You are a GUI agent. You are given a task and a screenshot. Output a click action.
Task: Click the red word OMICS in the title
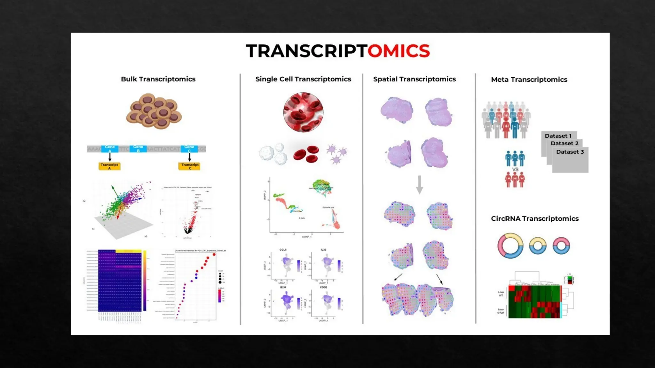[399, 51]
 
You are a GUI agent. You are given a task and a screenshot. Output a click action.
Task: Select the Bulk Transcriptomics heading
[158, 79]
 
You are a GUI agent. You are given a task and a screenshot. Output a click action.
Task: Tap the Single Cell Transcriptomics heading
[303, 79]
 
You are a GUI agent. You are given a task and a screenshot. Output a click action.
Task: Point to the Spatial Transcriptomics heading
[414, 79]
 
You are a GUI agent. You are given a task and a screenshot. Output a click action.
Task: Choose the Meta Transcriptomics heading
[529, 80]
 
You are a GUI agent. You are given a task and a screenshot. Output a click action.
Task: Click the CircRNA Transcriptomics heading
[535, 218]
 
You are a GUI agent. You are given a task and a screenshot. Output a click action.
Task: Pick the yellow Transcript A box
[109, 166]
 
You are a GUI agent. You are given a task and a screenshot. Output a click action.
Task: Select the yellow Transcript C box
[190, 166]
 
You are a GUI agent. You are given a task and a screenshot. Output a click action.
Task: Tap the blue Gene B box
[138, 149]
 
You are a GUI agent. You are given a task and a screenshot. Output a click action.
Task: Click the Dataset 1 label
[558, 136]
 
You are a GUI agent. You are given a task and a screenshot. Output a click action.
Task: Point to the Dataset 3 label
[570, 152]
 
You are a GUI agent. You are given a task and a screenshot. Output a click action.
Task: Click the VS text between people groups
[515, 170]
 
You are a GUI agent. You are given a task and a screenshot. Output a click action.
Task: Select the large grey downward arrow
[419, 185]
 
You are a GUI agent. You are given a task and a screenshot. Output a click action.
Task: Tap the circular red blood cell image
[303, 112]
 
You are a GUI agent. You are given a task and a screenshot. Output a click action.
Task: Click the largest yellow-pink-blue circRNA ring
[510, 246]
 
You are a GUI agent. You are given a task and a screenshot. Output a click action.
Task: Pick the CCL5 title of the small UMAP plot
[283, 250]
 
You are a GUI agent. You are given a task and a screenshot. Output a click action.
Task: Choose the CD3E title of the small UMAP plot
[323, 287]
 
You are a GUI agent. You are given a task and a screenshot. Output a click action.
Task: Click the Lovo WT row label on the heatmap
[501, 294]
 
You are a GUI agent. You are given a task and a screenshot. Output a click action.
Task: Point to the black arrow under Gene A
[110, 157]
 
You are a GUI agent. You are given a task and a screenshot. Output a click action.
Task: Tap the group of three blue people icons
[515, 158]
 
